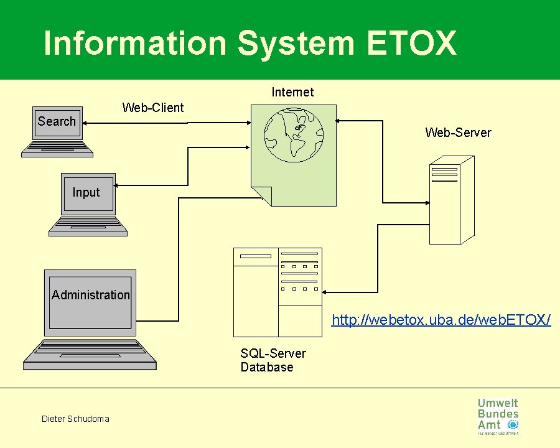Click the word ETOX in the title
pyautogui.click(x=412, y=44)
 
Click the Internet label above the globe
pyautogui.click(x=292, y=92)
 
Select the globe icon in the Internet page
pyautogui.click(x=294, y=134)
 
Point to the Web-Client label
pyautogui.click(x=153, y=108)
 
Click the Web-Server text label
pyautogui.click(x=458, y=133)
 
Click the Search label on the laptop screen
pyautogui.click(x=57, y=121)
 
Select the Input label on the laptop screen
pyautogui.click(x=86, y=192)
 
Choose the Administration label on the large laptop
pyautogui.click(x=91, y=295)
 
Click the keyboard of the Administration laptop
pyautogui.click(x=89, y=354)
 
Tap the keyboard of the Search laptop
pyautogui.click(x=57, y=149)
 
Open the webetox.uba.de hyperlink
pyautogui.click(x=441, y=320)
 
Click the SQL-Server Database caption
pyautogui.click(x=273, y=360)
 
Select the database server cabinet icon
pyautogui.click(x=278, y=292)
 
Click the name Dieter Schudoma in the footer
pyautogui.click(x=75, y=419)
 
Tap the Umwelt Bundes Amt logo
pyautogui.click(x=498, y=416)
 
